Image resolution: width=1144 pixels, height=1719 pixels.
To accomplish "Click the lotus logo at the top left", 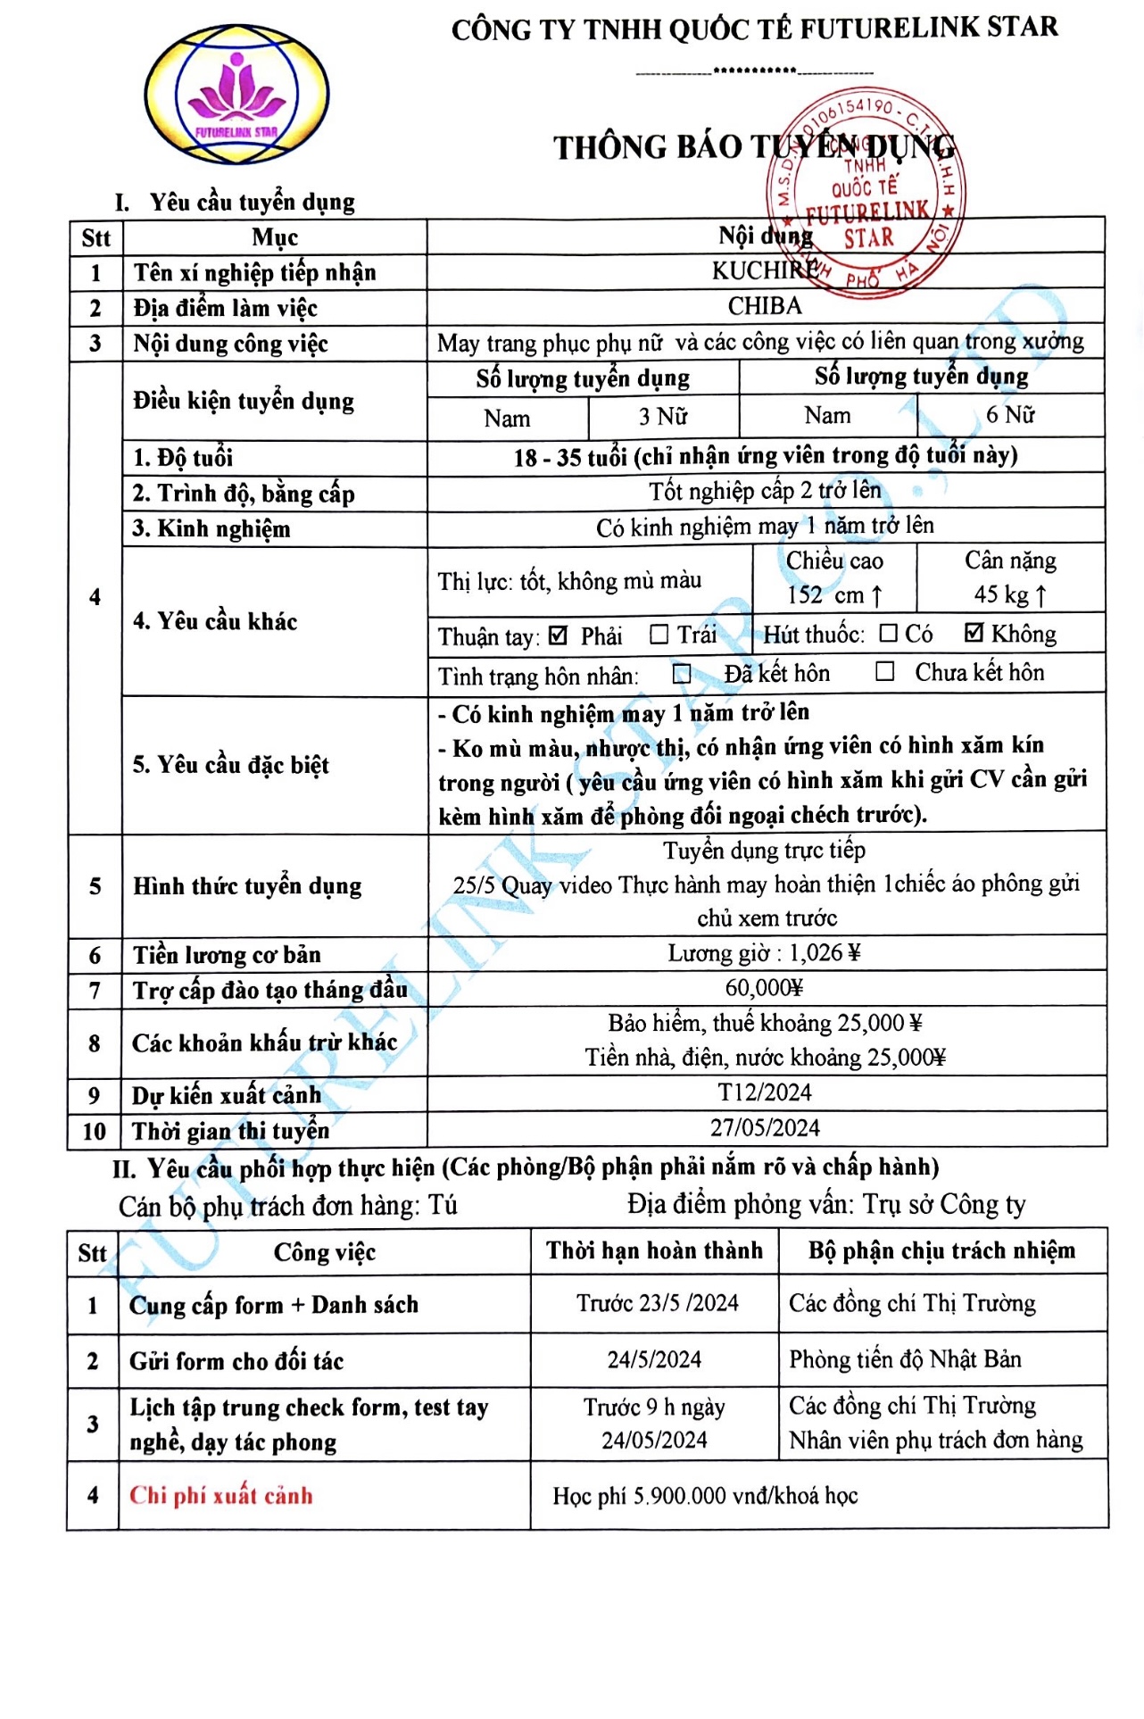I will pyautogui.click(x=236, y=95).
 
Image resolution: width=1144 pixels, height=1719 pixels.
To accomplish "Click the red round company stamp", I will pyautogui.click(x=865, y=192).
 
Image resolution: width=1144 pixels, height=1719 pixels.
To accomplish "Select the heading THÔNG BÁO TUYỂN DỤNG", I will pyautogui.click(x=754, y=147).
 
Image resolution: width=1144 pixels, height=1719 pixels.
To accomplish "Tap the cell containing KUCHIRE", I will pyautogui.click(x=765, y=270).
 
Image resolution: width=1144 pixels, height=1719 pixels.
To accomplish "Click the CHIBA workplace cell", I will pyautogui.click(x=765, y=306).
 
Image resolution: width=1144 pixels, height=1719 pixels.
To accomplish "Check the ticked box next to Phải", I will pyautogui.click(x=559, y=635).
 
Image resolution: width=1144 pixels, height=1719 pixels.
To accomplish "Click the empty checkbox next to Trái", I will pyautogui.click(x=659, y=635).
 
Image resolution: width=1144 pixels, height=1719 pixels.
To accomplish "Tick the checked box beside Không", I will pyautogui.click(x=974, y=633).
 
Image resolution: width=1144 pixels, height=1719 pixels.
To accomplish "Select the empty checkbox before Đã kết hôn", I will pyautogui.click(x=682, y=674).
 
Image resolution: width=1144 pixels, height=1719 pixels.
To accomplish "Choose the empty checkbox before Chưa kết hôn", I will pyautogui.click(x=884, y=671).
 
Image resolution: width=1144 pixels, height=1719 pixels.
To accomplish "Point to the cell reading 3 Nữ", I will pyautogui.click(x=663, y=417).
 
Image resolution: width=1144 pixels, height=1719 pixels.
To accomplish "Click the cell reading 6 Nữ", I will pyautogui.click(x=1010, y=415).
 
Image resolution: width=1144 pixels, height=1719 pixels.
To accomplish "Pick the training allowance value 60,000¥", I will pyautogui.click(x=765, y=988).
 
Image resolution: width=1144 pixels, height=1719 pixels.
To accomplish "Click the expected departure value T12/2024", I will pyautogui.click(x=765, y=1092).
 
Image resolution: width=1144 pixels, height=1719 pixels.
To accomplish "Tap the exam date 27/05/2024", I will pyautogui.click(x=765, y=1128).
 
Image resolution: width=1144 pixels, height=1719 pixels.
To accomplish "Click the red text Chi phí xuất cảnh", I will pyautogui.click(x=221, y=1496).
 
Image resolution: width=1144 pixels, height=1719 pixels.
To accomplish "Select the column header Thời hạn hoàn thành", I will pyautogui.click(x=654, y=1250).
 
